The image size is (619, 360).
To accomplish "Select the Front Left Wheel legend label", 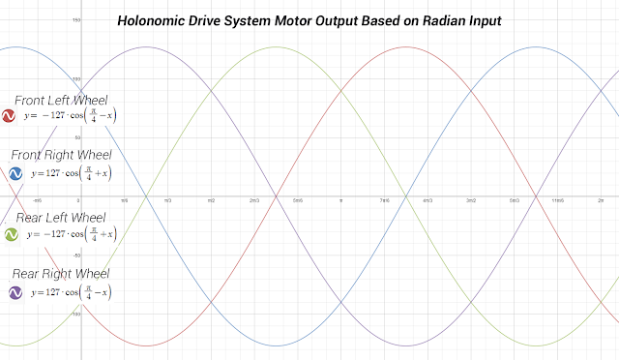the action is click(61, 100).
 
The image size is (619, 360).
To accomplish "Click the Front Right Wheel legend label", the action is click(61, 155).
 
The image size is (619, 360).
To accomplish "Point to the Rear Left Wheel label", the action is click(61, 217).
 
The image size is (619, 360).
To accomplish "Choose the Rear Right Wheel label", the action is click(61, 273).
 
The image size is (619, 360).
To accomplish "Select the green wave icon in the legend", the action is click(12, 235).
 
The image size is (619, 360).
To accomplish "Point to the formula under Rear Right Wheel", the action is click(73, 291).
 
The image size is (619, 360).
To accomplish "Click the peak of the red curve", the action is click(405, 45).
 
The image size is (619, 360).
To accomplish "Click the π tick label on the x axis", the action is click(340, 200).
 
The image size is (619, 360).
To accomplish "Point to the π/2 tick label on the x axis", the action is click(211, 200).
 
